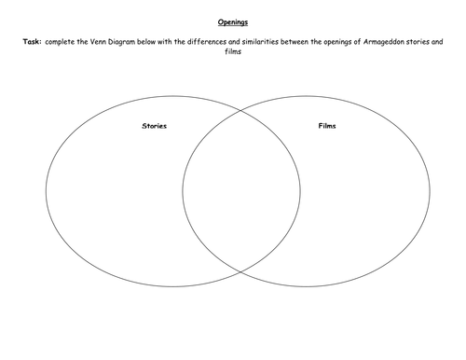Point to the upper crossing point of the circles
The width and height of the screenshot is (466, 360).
tap(241, 100)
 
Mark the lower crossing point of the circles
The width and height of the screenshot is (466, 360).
tap(241, 270)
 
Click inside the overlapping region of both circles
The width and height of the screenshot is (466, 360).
tap(241, 187)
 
